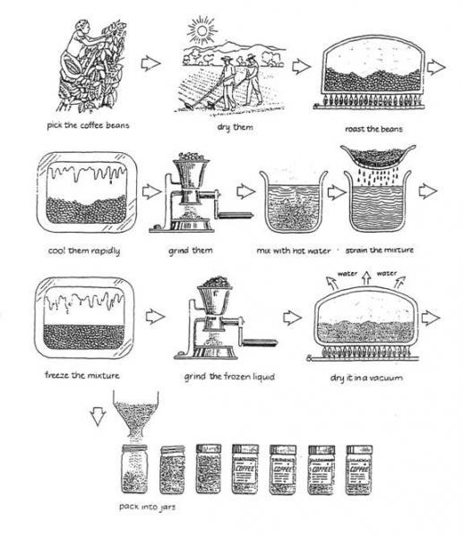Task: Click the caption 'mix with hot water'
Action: click(287, 250)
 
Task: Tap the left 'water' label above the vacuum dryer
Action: click(348, 275)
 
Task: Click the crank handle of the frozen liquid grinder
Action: click(256, 338)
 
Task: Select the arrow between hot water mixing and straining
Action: click(337, 191)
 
